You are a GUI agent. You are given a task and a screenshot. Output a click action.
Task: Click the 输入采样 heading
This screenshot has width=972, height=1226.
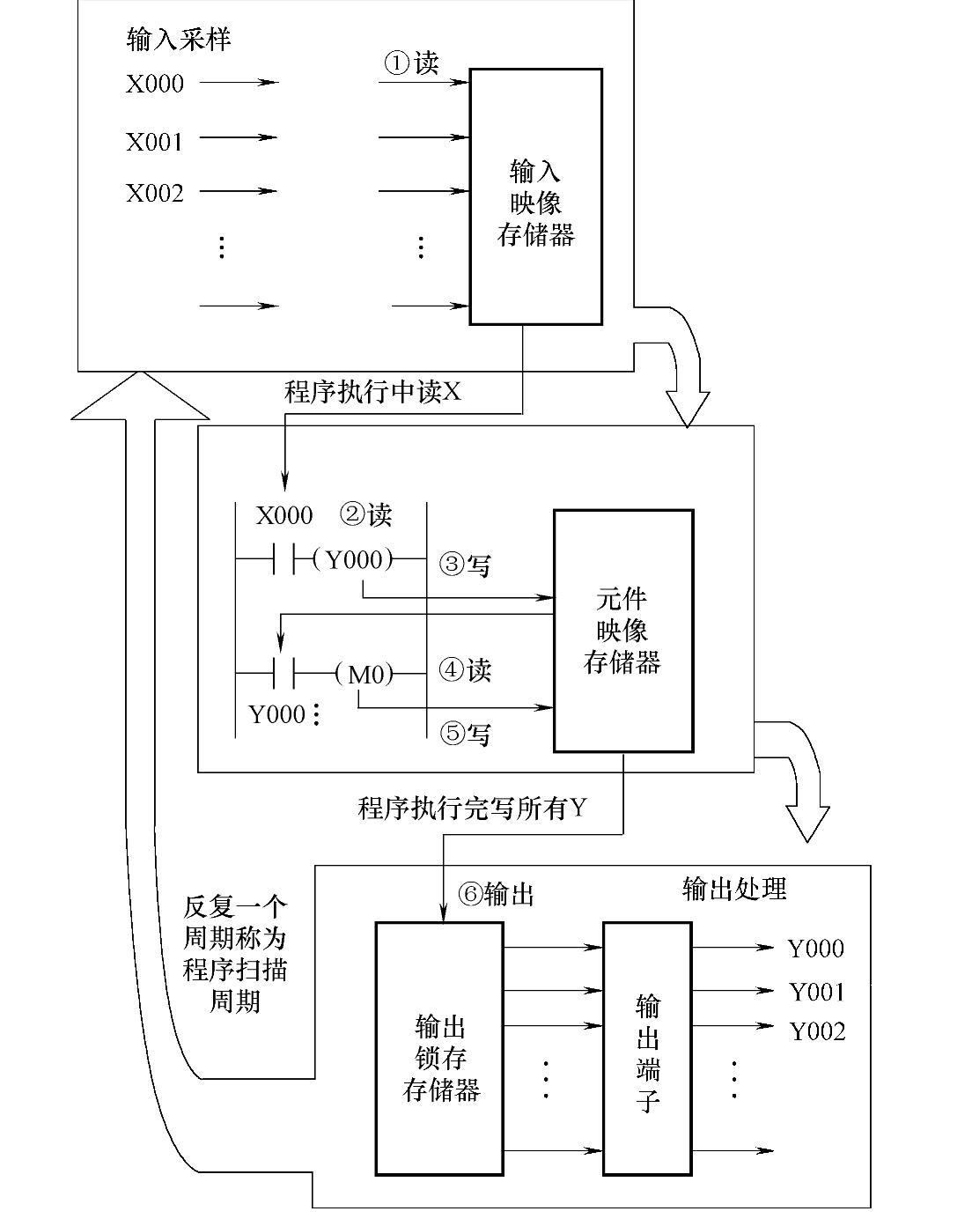(x=179, y=41)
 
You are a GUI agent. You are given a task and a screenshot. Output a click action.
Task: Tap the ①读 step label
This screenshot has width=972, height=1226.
(x=410, y=63)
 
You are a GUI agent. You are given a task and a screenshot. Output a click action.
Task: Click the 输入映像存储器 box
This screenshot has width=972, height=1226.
(x=535, y=197)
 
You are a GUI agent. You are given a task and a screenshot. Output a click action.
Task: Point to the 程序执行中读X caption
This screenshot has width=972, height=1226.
(x=372, y=393)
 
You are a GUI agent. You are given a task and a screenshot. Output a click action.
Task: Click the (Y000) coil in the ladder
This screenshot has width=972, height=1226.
(x=354, y=560)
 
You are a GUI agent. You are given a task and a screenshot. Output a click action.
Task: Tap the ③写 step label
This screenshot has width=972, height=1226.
(x=464, y=565)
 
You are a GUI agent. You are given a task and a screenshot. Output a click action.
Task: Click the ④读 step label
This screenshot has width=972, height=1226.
(x=465, y=670)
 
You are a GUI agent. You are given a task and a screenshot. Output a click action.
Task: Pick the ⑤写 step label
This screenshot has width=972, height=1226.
(x=465, y=733)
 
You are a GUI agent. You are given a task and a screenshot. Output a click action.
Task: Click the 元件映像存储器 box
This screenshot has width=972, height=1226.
(x=622, y=631)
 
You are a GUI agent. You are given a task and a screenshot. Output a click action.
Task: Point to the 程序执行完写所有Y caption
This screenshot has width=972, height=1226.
(x=471, y=809)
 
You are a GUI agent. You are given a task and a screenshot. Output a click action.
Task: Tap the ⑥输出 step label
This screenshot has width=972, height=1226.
(x=497, y=895)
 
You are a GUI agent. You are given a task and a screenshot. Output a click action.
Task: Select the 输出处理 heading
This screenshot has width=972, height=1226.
(x=734, y=889)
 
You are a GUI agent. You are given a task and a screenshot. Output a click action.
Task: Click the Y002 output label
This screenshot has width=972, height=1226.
(x=816, y=1031)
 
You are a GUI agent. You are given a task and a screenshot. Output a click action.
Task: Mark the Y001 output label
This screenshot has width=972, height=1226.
(x=816, y=993)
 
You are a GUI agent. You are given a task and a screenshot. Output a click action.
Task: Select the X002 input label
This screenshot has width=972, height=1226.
(x=154, y=193)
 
